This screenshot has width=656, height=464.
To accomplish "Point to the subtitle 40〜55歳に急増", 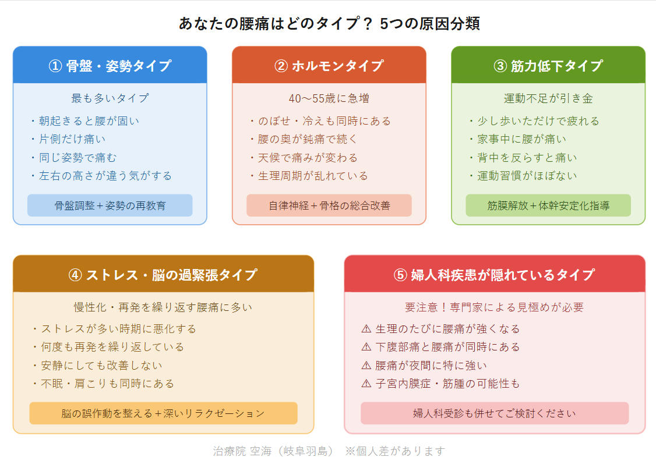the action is tap(329, 98).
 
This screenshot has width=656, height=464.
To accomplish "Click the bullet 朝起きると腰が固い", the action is tap(89, 121).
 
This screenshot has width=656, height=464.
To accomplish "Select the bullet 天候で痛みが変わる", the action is tap(308, 158).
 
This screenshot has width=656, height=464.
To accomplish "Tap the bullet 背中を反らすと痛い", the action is tap(527, 158).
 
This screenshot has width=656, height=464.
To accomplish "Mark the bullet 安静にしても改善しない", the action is tap(102, 366).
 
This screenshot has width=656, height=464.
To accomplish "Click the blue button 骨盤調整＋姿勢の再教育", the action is tap(110, 206).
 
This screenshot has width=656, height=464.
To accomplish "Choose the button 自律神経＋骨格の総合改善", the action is tap(329, 206).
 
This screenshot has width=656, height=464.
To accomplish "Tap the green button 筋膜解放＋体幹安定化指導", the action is tap(548, 206).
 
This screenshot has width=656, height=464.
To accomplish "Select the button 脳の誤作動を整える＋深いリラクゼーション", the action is tap(163, 413).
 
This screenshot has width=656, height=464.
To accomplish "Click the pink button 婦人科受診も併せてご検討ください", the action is tap(495, 413).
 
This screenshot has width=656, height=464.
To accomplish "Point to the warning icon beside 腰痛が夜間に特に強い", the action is tap(366, 366).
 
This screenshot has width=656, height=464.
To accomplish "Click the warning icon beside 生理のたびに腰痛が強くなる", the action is tap(366, 329).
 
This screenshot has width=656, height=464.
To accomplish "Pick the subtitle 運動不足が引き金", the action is tap(548, 98).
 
